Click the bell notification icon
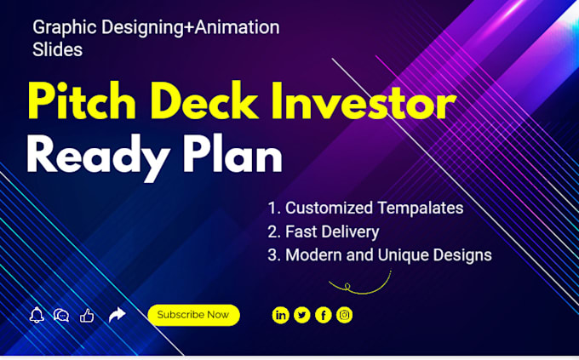[37, 315]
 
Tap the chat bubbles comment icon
[61, 316]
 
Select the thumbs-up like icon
[87, 316]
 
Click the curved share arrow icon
[118, 315]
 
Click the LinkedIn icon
[281, 316]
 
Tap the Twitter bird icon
[302, 316]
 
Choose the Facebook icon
[324, 316]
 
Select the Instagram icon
[345, 315]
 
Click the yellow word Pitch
[82, 100]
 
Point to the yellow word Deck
[204, 100]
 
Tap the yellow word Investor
[364, 100]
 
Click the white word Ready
[98, 157]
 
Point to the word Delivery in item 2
[351, 232]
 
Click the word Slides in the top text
[57, 49]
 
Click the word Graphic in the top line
[65, 28]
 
